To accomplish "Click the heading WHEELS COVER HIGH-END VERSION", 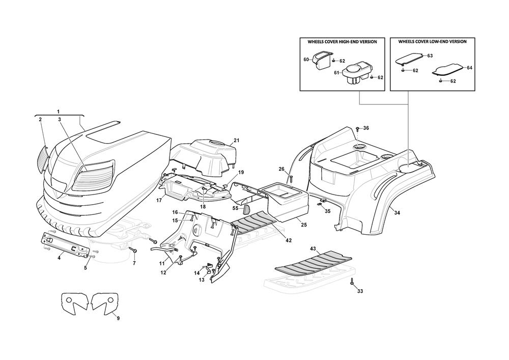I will [342, 42].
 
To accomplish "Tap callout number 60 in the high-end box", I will [306, 60].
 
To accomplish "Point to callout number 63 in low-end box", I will [430, 55].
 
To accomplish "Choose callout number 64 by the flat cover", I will [469, 67].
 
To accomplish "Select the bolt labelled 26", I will [291, 178].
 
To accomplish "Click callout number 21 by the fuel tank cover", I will [236, 140].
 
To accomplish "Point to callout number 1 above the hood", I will [58, 111].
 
